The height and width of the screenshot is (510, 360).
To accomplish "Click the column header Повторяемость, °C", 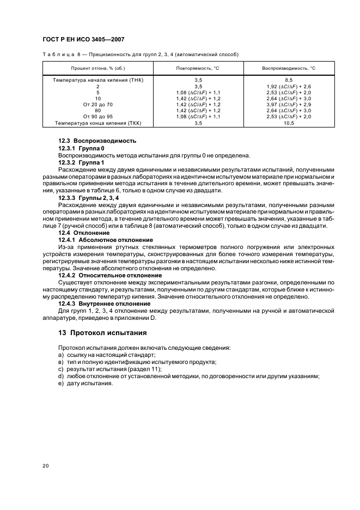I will (x=198, y=69).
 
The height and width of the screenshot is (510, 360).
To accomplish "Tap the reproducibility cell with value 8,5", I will (x=289, y=80).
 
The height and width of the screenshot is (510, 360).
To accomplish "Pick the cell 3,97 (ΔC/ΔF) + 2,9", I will (x=289, y=105).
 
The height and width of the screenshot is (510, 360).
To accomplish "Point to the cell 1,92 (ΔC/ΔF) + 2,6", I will (x=289, y=86).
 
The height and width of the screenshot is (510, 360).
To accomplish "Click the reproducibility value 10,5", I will (x=289, y=123).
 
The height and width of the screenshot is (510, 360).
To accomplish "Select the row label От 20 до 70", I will (x=98, y=105).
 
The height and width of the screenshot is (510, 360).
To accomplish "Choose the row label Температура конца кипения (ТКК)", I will (x=97, y=123).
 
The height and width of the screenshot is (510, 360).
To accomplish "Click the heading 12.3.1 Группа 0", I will (x=81, y=148).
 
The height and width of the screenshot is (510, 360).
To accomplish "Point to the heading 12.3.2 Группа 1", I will (x=81, y=162).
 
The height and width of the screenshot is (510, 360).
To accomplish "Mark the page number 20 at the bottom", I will (x=46, y=466).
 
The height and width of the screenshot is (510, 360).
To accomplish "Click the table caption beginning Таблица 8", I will (x=140, y=54).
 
